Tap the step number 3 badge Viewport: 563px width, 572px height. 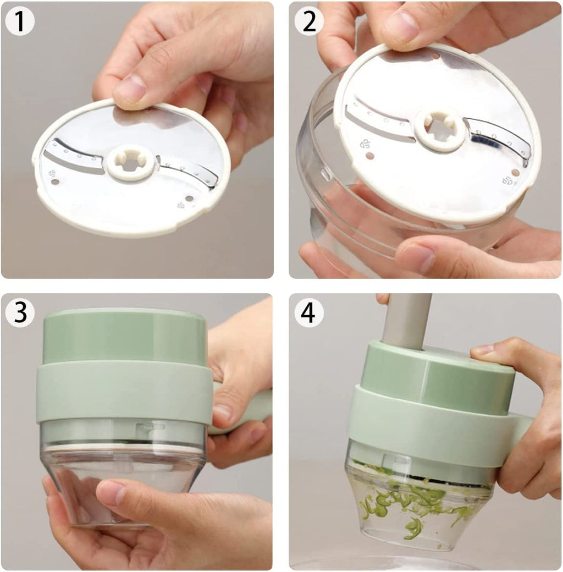tap(20, 312)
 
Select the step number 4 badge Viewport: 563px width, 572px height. tap(309, 312)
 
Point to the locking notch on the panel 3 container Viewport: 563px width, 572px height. tap(150, 430)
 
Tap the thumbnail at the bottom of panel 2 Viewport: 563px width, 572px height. tap(416, 258)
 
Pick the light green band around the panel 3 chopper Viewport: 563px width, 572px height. tap(124, 392)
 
